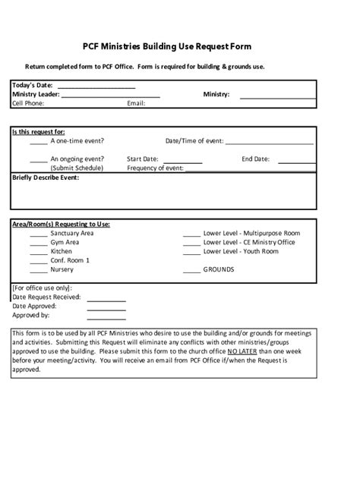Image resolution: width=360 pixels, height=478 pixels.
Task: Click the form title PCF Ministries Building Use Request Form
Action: point(179,47)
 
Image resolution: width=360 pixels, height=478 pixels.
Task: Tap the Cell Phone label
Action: point(28,103)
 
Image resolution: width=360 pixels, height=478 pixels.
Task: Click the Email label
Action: point(136,103)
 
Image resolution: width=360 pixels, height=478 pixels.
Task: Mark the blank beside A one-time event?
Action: point(38,142)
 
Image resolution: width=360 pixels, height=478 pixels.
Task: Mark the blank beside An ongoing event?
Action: point(38,160)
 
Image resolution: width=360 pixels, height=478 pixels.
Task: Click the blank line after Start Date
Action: point(183,161)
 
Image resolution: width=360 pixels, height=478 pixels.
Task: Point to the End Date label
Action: point(255,159)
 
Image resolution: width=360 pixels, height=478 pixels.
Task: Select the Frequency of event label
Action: point(155,168)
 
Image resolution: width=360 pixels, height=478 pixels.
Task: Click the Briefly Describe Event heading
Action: point(46,178)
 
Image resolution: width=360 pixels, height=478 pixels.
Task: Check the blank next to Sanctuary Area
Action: point(38,234)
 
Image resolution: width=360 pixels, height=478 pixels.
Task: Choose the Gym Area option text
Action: point(65,242)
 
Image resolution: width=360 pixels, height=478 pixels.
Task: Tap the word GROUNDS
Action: point(219,269)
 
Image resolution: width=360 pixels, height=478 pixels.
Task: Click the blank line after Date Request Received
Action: point(106,299)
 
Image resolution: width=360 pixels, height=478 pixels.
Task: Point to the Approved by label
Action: point(31,315)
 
